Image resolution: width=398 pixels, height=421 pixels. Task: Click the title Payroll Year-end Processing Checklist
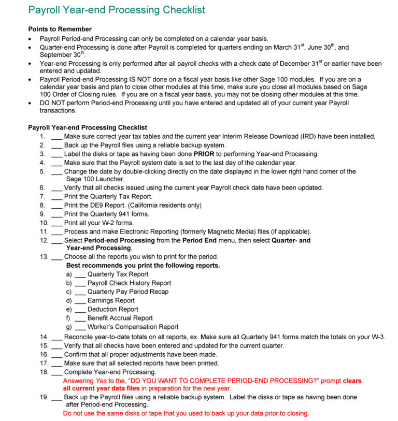pyautogui.click(x=116, y=10)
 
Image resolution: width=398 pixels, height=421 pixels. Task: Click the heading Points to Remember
pyautogui.click(x=60, y=30)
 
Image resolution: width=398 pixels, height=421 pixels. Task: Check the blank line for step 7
pyautogui.click(x=57, y=197)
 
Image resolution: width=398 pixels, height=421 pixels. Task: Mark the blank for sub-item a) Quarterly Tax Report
pyautogui.click(x=80, y=274)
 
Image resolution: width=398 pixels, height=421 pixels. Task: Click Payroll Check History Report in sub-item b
pyautogui.click(x=129, y=283)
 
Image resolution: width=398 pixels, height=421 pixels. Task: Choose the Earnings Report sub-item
pyautogui.click(x=111, y=300)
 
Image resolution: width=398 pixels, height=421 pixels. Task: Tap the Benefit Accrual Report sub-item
pyautogui.click(x=120, y=318)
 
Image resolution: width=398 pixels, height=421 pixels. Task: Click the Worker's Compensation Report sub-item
pyautogui.click(x=133, y=327)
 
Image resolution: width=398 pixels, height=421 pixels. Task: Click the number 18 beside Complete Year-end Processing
pyautogui.click(x=44, y=372)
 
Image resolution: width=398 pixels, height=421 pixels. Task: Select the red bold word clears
pyautogui.click(x=352, y=381)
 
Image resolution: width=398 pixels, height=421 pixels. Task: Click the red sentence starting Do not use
pyautogui.click(x=186, y=413)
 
